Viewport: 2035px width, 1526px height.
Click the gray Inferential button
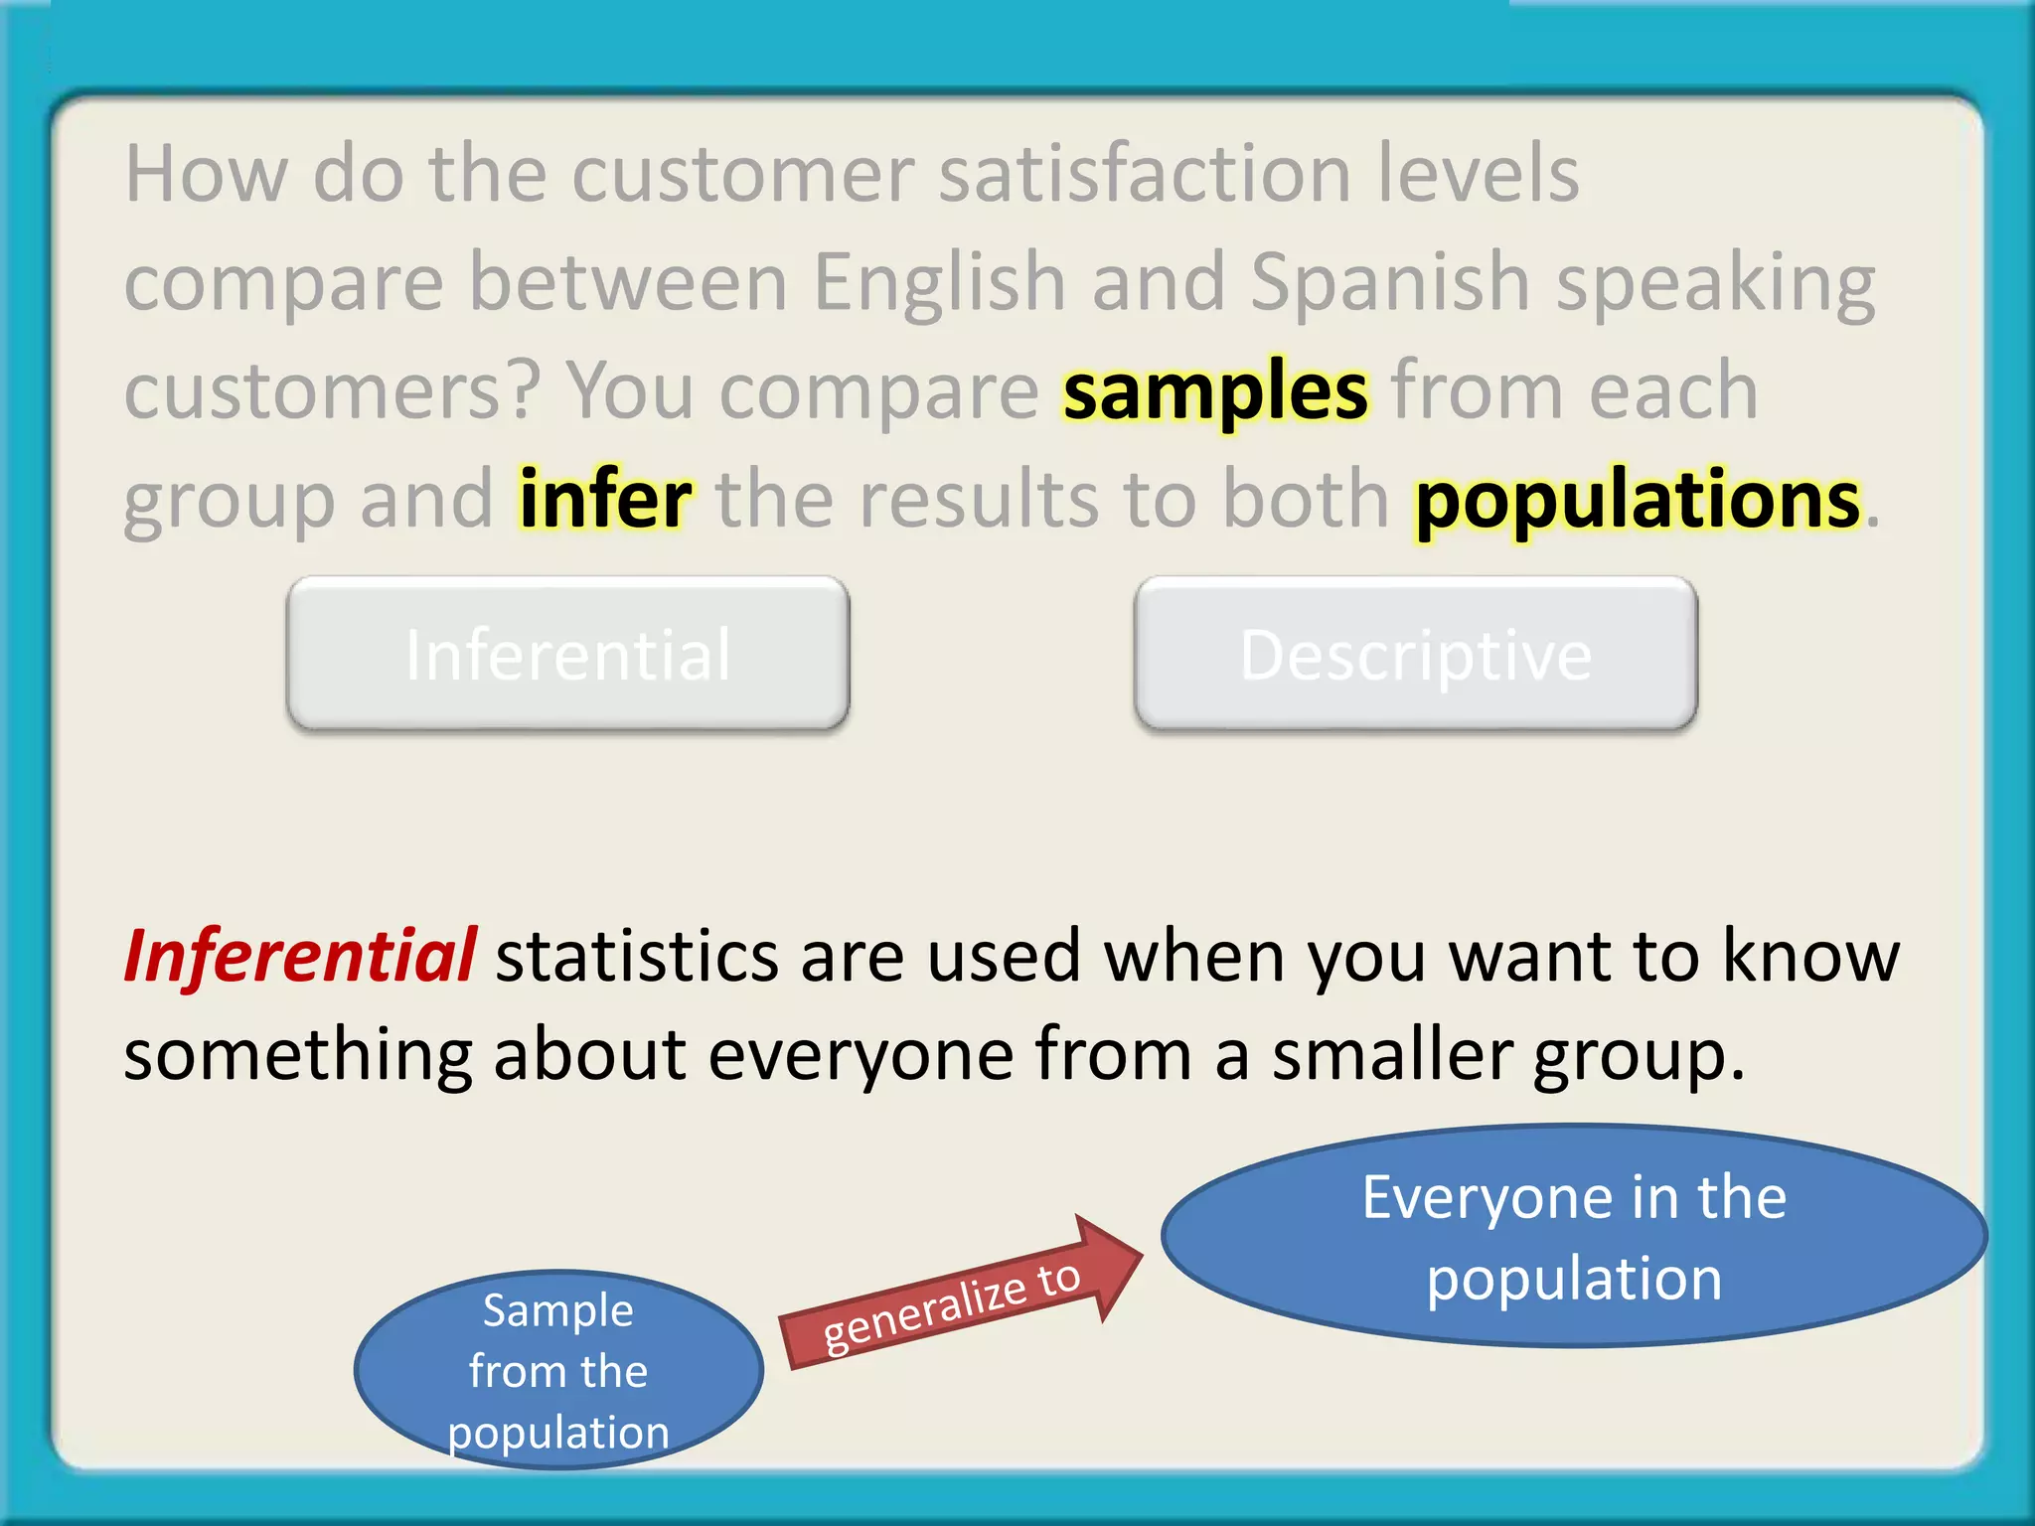[x=567, y=654]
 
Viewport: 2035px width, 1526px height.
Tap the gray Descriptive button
[x=1415, y=654]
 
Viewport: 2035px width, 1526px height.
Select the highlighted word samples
[x=1215, y=392]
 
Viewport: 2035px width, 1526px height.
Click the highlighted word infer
[x=605, y=500]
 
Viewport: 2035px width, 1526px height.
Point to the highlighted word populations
[x=1637, y=500]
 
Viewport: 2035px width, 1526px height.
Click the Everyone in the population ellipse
[x=1573, y=1236]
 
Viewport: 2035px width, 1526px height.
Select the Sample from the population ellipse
[x=558, y=1369]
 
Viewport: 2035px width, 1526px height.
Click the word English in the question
[x=939, y=283]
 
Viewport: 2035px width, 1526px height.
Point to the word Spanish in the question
[x=1389, y=283]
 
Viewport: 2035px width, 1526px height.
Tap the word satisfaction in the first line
[x=1145, y=174]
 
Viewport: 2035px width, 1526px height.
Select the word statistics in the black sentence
[x=637, y=956]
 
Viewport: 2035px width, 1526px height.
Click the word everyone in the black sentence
[x=861, y=1055]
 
